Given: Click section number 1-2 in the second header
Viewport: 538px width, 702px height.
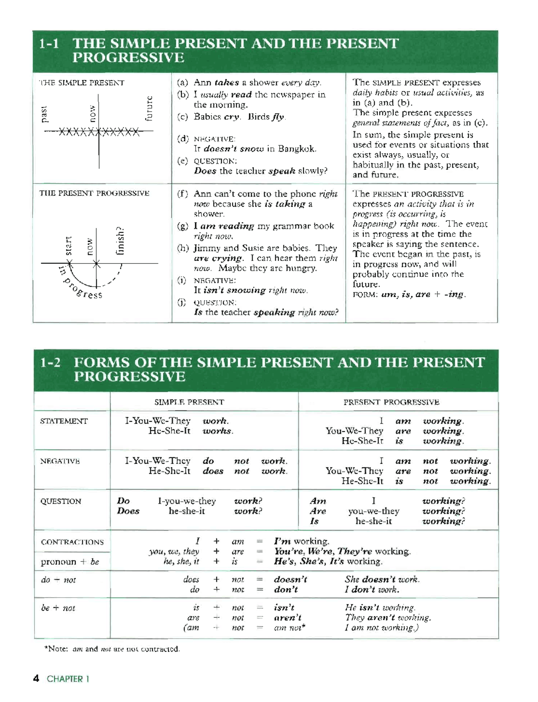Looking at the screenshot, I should coord(50,363).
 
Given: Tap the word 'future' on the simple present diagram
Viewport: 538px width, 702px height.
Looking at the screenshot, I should coord(149,108).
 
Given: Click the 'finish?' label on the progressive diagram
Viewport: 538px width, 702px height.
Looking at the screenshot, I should coord(121,241).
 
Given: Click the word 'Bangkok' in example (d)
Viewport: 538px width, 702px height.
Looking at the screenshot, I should coord(297,149).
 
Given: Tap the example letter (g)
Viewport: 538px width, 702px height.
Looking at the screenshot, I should coord(183,226).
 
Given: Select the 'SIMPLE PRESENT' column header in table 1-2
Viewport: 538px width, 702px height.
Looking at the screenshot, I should coord(189,402).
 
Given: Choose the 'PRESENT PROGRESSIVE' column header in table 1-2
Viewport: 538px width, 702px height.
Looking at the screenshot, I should coord(391,402).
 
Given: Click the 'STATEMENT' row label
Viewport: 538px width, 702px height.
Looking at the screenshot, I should coord(64,421).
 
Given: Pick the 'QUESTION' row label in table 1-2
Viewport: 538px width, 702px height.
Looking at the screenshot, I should coord(61,501).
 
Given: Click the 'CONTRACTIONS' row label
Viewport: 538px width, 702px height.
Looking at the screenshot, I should coord(72,542).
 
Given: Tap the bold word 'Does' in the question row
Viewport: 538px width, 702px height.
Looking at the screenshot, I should coord(128,511).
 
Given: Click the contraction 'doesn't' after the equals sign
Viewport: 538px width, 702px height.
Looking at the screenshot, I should coord(290,579).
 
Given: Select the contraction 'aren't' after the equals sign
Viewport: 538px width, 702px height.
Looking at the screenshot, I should coord(288,618).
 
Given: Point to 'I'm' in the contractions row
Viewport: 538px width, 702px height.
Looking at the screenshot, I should coord(282,542).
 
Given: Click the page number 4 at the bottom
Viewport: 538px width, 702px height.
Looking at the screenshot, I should coord(37,678).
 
